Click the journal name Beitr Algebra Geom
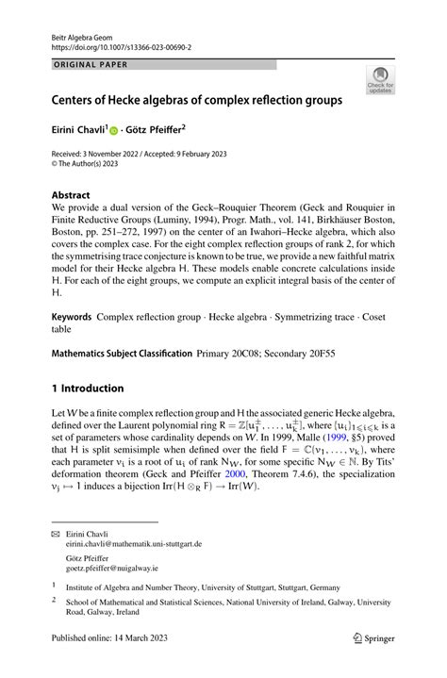[82, 33]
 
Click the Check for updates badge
[382, 80]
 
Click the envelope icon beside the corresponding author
[55, 559]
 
